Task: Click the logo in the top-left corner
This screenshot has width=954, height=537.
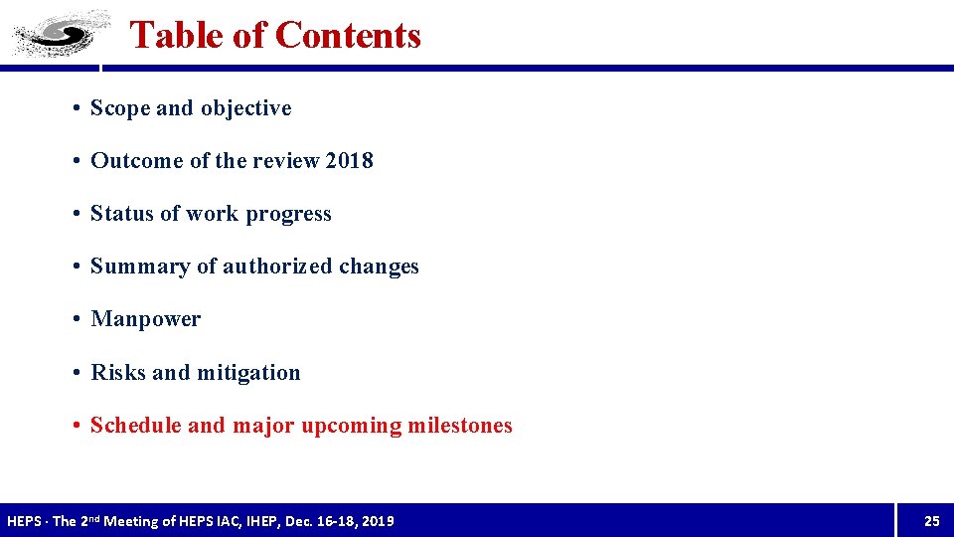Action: pyautogui.click(x=60, y=34)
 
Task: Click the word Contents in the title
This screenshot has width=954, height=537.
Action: pyautogui.click(x=348, y=35)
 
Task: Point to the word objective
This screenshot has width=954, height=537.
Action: pyautogui.click(x=246, y=108)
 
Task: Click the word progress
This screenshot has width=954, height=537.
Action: pyautogui.click(x=289, y=214)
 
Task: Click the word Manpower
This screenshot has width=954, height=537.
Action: pyautogui.click(x=146, y=319)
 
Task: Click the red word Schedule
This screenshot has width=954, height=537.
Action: pyautogui.click(x=135, y=426)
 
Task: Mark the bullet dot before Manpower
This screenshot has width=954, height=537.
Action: pyautogui.click(x=78, y=319)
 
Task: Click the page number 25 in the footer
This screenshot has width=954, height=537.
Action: pyautogui.click(x=931, y=521)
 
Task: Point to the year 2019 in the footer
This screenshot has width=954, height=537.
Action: pyautogui.click(x=378, y=521)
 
